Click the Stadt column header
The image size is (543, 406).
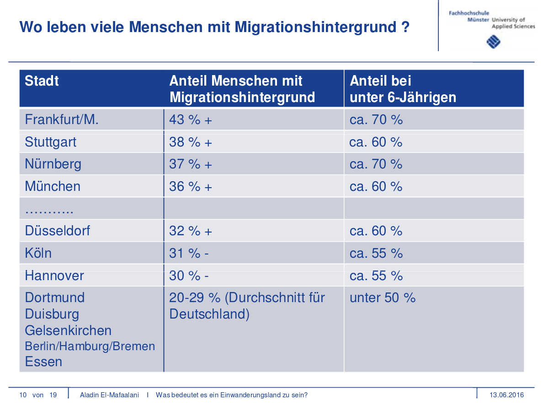(42, 81)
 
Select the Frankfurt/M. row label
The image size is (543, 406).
(62, 119)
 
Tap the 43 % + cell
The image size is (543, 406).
(191, 119)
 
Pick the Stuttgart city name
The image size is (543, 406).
(51, 142)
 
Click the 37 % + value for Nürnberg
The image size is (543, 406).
(191, 164)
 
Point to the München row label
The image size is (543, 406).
(53, 186)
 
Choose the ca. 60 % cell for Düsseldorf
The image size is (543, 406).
(376, 231)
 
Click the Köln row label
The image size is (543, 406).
(38, 253)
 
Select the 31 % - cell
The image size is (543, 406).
(189, 253)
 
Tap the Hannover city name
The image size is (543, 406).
(54, 276)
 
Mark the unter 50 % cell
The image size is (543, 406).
(383, 298)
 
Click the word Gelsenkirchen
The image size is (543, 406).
(68, 330)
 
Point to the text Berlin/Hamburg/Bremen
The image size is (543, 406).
(90, 346)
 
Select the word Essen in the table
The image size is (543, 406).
(43, 362)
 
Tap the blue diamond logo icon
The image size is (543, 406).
(494, 42)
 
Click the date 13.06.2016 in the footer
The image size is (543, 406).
(506, 395)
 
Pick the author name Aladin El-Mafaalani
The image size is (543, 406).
(109, 395)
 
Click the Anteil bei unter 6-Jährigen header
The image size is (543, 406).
(403, 89)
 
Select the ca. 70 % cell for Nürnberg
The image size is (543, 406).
(376, 164)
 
